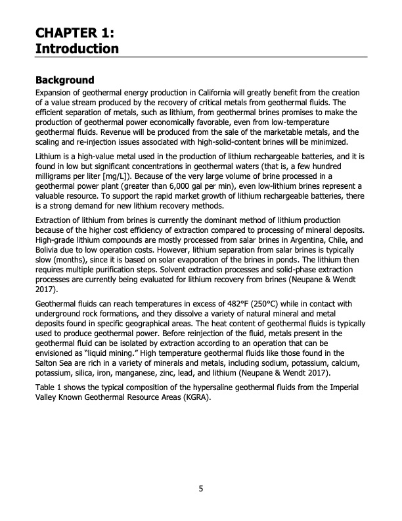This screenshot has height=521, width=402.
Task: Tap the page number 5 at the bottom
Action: point(201,489)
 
